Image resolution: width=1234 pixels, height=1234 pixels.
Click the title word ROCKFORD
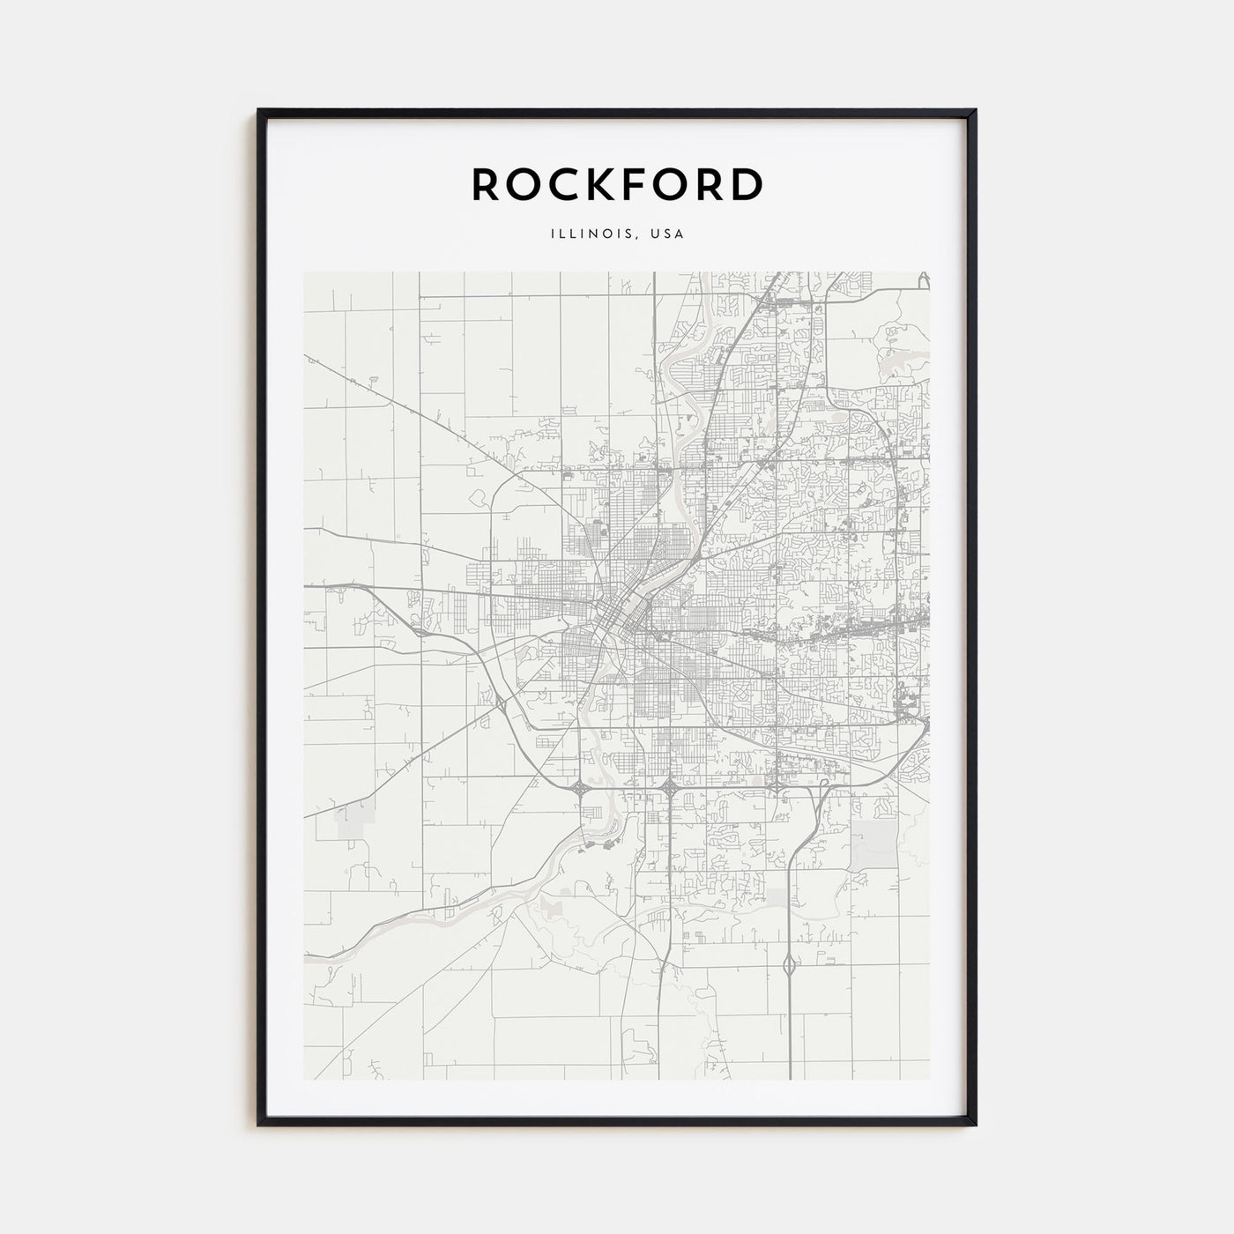click(617, 184)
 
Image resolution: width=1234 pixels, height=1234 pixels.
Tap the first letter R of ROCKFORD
click(487, 184)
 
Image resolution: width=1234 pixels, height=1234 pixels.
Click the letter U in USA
click(656, 234)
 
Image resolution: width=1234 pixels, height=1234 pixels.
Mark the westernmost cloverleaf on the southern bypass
click(582, 790)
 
